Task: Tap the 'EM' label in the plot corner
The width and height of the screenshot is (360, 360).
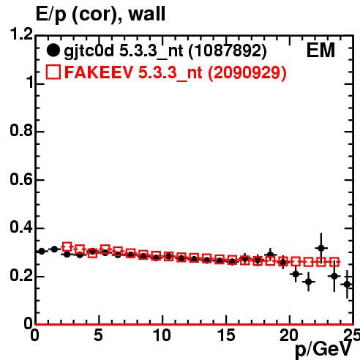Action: [320, 50]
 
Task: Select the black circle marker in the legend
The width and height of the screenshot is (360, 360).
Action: [53, 50]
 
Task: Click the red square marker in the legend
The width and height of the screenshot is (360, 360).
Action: [53, 72]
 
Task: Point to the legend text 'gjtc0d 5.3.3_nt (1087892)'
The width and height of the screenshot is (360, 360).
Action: [165, 51]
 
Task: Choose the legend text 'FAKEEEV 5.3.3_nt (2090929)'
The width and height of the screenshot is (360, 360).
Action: [176, 73]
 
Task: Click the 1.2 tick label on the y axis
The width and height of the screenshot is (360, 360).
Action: [21, 34]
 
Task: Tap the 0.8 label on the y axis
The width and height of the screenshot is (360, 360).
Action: [21, 131]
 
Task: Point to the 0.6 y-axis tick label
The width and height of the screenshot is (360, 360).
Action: [21, 179]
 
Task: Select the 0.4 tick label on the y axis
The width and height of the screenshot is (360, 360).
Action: [21, 228]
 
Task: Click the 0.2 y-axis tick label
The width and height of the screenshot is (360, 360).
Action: [21, 276]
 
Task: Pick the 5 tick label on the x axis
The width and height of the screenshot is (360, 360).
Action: [98, 335]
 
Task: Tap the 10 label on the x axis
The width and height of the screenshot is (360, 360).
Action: [162, 335]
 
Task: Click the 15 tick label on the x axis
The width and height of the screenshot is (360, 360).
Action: [225, 335]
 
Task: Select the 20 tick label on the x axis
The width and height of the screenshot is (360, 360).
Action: [289, 335]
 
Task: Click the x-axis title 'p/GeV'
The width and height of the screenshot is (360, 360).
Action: [323, 349]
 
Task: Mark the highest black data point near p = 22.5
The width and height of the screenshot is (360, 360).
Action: [321, 248]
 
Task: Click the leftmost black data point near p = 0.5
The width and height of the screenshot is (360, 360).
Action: [42, 251]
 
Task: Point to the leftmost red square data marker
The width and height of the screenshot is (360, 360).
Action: [67, 247]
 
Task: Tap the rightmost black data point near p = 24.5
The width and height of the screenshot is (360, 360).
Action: [347, 284]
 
